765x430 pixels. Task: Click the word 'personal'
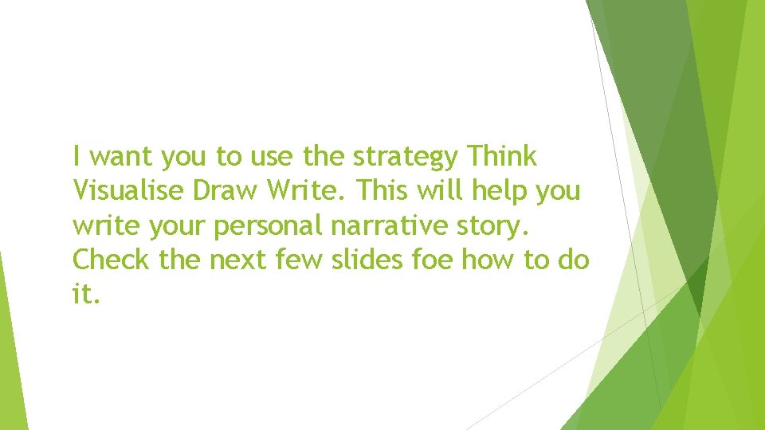[267, 226]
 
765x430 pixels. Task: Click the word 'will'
[448, 191]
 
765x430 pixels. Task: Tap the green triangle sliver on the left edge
[11, 350]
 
